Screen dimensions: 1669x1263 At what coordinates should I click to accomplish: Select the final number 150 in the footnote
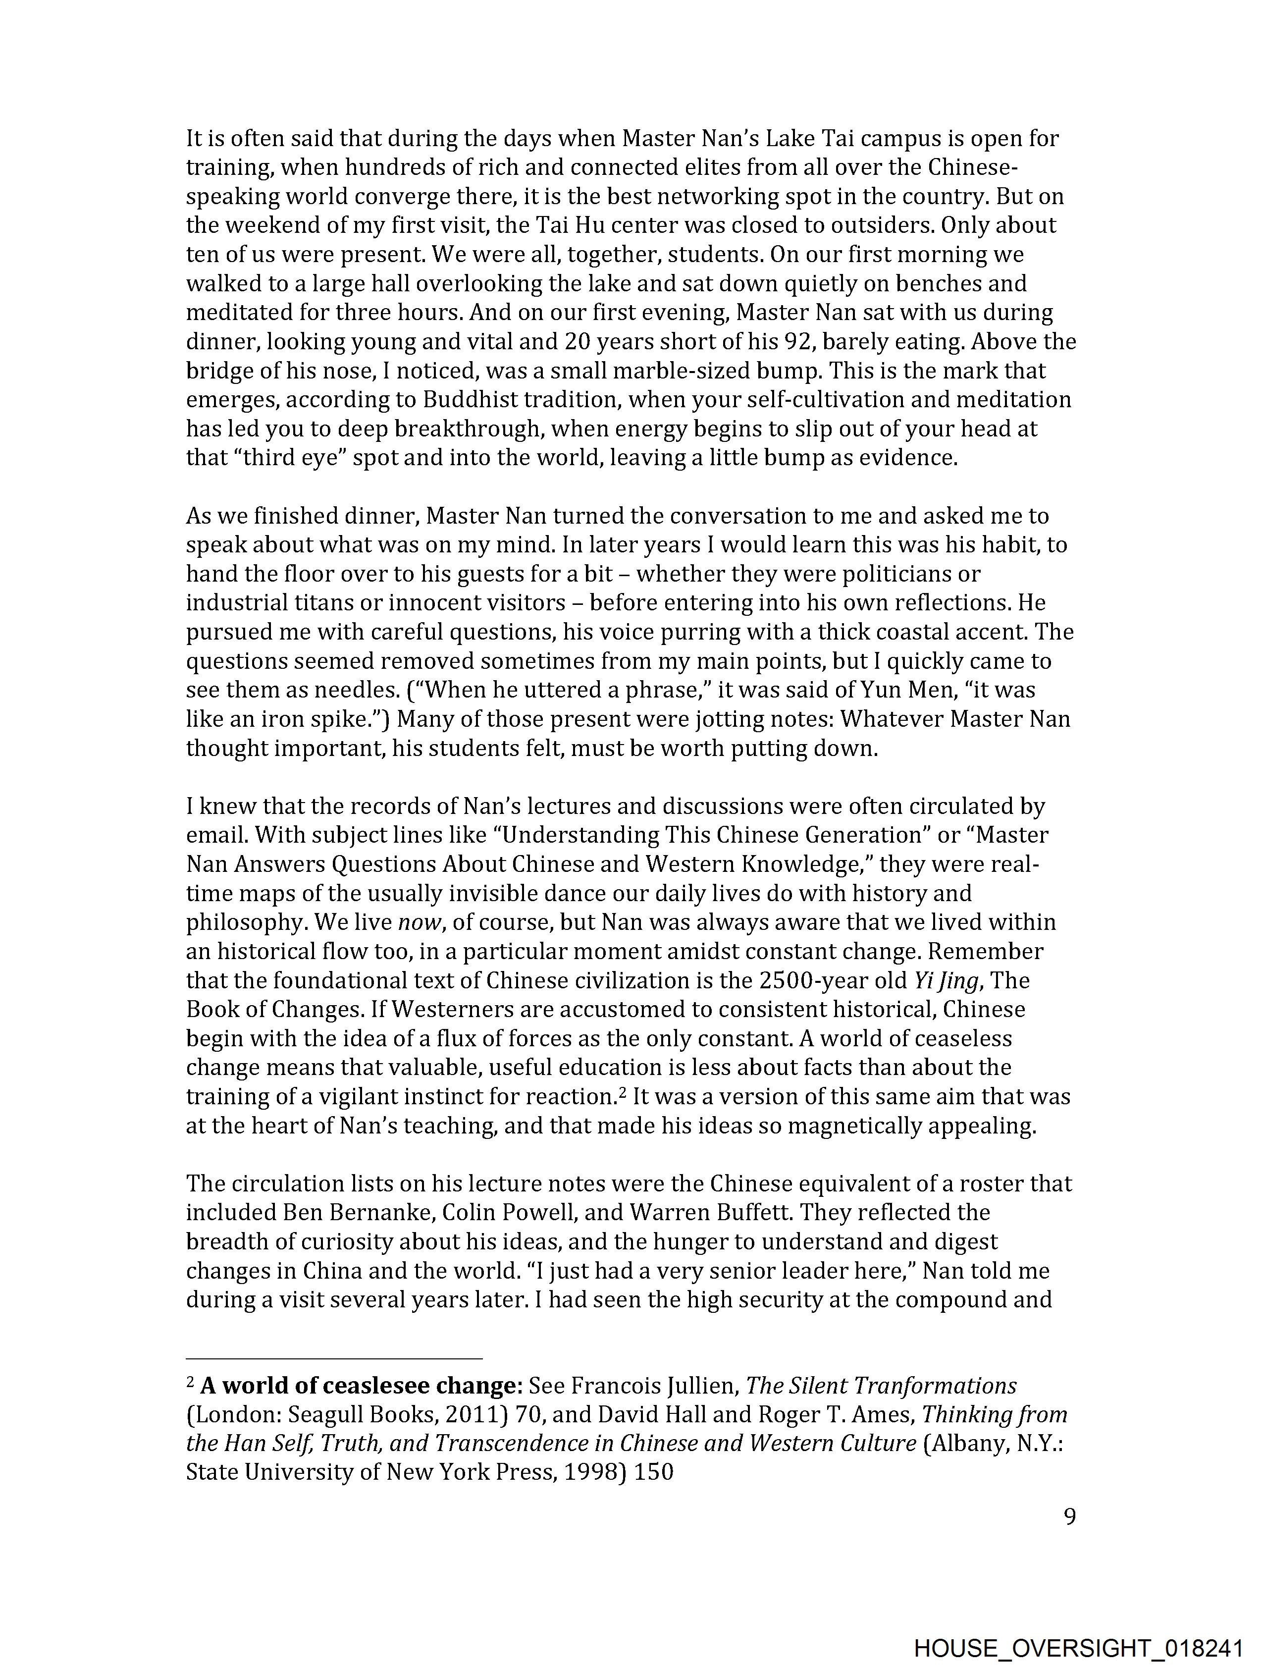tap(653, 1472)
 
